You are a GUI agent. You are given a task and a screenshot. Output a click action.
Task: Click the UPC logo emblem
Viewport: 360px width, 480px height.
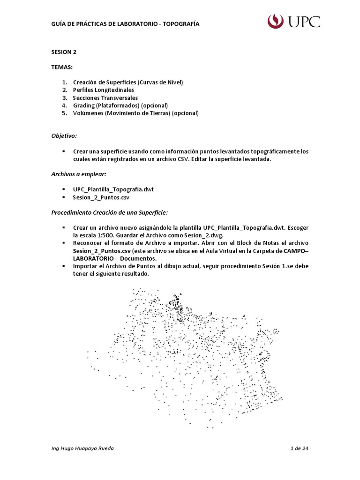(276, 22)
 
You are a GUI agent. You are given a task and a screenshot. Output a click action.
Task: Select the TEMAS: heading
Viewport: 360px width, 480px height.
(62, 67)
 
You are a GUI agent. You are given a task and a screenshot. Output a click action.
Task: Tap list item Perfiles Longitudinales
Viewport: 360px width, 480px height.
(103, 90)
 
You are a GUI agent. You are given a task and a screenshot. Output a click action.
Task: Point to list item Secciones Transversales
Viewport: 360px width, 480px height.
(105, 98)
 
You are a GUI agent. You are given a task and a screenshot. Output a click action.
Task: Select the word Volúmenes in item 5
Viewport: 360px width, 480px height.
(88, 113)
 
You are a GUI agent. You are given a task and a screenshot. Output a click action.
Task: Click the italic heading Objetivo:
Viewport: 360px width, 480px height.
(64, 136)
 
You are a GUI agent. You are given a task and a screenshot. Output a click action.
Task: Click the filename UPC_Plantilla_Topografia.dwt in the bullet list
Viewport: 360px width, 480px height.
(113, 189)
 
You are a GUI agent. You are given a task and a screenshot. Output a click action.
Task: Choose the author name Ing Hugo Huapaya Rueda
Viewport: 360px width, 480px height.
(82, 449)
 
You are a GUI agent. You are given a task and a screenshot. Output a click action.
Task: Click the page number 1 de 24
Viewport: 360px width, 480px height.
(299, 449)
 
